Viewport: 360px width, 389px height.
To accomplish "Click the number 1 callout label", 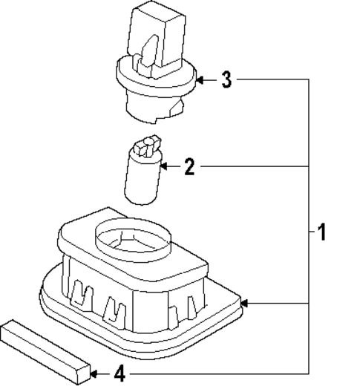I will point(321,232).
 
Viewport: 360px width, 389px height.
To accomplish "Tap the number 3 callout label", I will point(227,79).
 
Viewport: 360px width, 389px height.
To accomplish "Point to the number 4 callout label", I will point(120,373).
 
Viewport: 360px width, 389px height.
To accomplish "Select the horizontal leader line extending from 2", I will point(252,167).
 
